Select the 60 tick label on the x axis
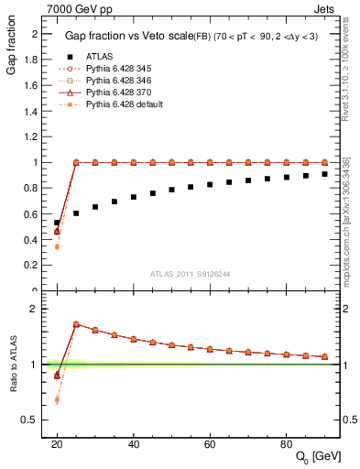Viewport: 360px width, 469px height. [210, 443]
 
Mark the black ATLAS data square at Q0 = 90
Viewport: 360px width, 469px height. [324, 174]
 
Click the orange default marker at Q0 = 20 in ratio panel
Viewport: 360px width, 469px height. [57, 399]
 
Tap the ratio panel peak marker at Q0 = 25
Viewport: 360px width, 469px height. [76, 324]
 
